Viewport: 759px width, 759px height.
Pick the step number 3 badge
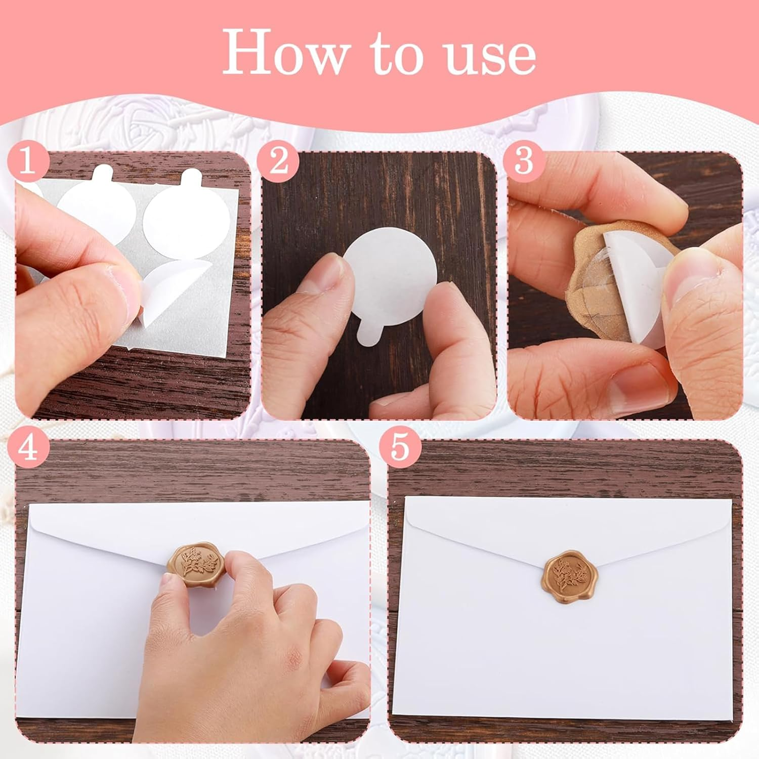[524, 161]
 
